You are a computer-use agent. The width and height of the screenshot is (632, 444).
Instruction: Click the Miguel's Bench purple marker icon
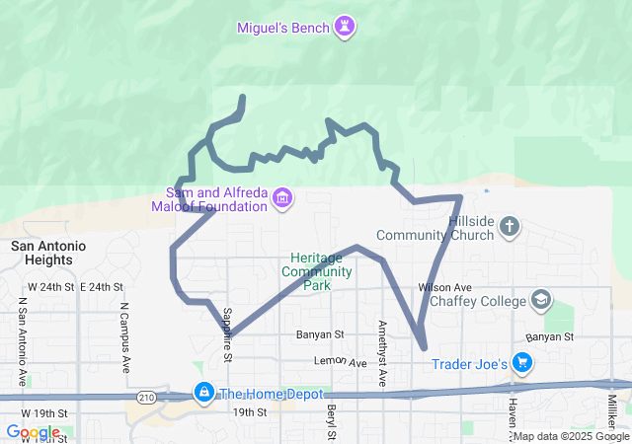coord(344,27)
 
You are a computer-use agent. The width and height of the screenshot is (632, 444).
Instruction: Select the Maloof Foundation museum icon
coord(283,199)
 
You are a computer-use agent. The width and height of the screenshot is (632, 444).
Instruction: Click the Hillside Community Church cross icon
coord(510,228)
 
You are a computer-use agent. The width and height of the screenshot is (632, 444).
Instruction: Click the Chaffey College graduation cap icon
coord(541,299)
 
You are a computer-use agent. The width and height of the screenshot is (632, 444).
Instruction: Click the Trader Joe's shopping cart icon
coord(523,365)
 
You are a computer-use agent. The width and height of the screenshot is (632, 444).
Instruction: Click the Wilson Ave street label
coord(439,287)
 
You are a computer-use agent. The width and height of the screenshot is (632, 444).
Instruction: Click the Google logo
coord(33,432)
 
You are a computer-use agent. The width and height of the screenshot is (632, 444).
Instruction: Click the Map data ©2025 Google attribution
coord(570,436)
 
